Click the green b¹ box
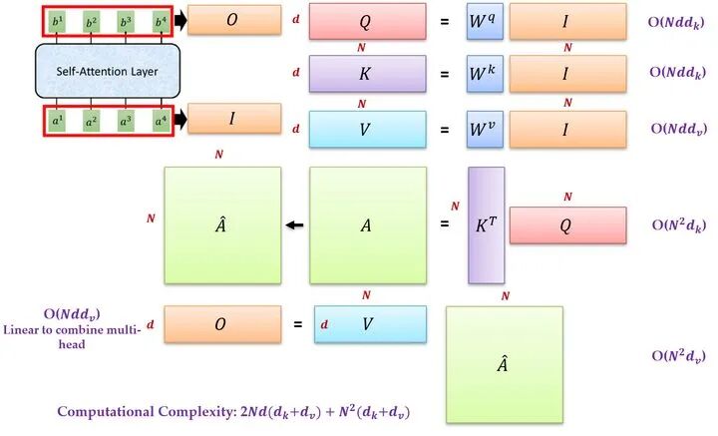pyautogui.click(x=57, y=21)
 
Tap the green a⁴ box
pyautogui.click(x=160, y=121)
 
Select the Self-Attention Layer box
pyautogui.click(x=108, y=71)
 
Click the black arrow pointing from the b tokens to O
pyautogui.click(x=180, y=20)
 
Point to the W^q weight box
pyautogui.click(x=483, y=21)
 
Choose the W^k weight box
pyautogui.click(x=483, y=73)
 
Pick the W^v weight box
pyautogui.click(x=483, y=129)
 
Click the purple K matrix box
pyautogui.click(x=367, y=73)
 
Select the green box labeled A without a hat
pyautogui.click(x=367, y=225)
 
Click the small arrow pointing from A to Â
pyautogui.click(x=293, y=225)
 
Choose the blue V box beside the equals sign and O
pyautogui.click(x=369, y=324)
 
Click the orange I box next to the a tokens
pyautogui.click(x=232, y=119)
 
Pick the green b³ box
pyautogui.click(x=126, y=21)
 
